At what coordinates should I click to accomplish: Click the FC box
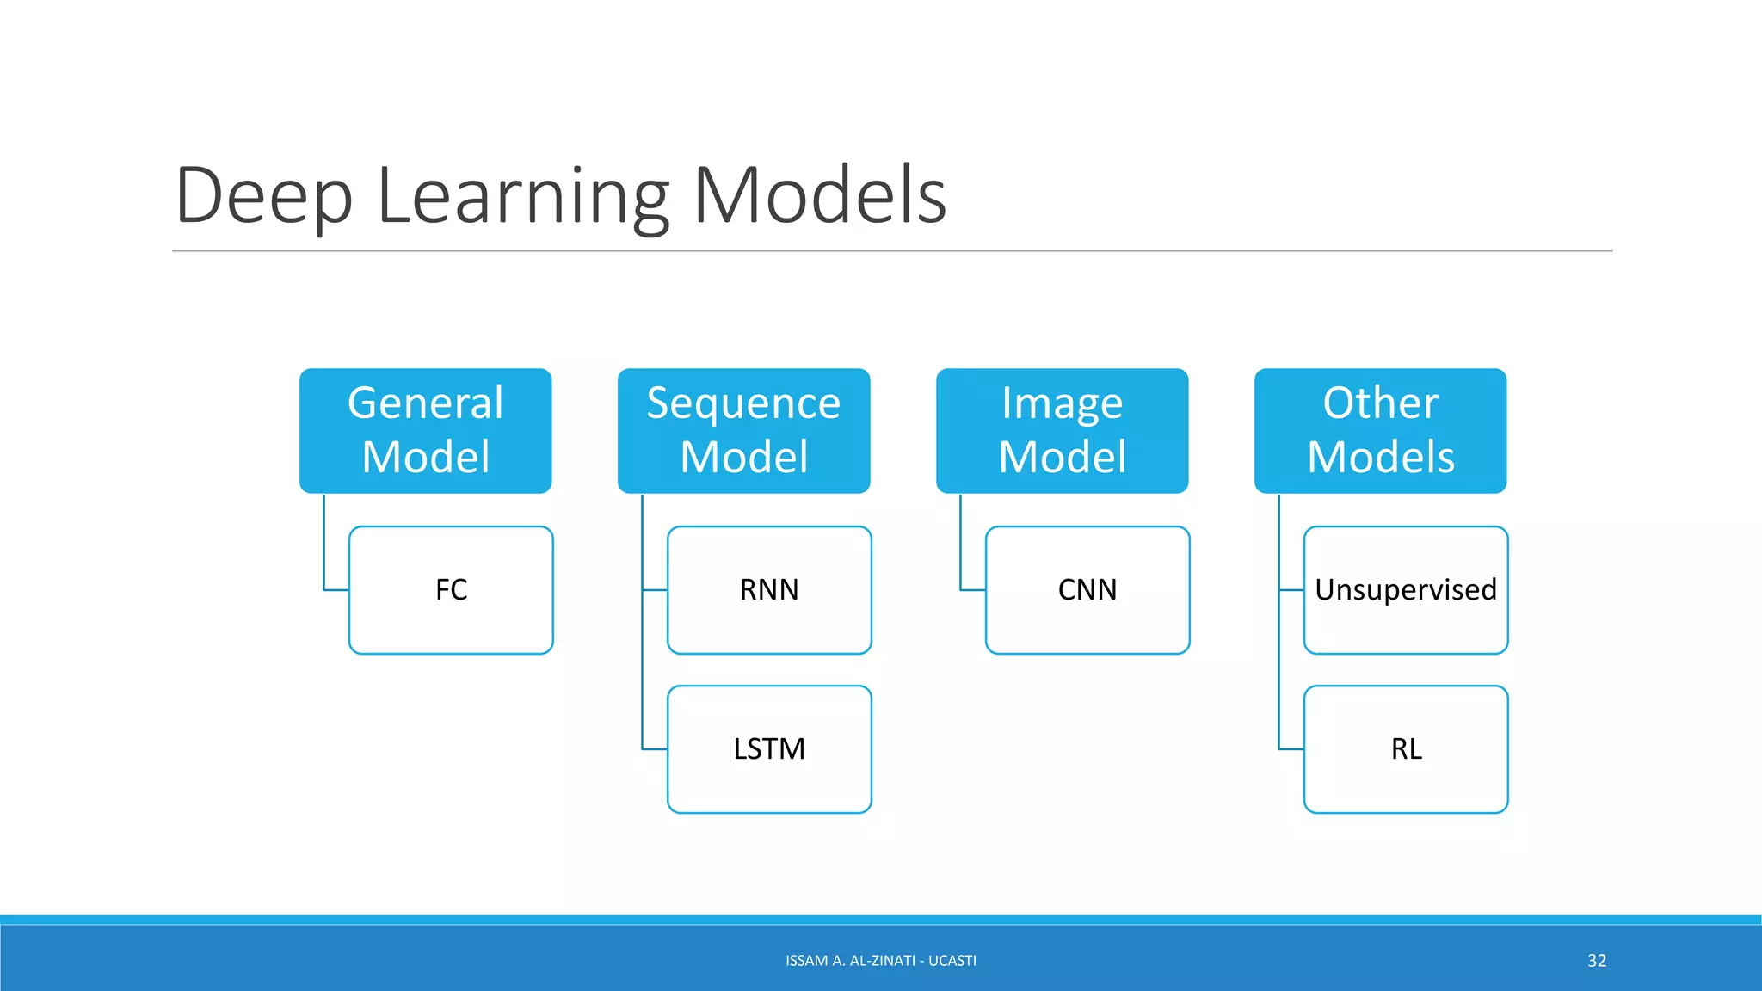coord(451,590)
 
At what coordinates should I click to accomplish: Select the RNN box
coord(769,590)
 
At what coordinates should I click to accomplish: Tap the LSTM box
coord(769,749)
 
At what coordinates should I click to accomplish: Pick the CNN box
coord(1087,590)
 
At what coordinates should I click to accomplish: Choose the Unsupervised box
coord(1406,590)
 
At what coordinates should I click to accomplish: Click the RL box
coord(1406,749)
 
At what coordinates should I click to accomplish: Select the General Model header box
coord(425,430)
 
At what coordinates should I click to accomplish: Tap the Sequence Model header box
coord(743,430)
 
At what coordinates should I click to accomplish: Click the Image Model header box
coord(1062,430)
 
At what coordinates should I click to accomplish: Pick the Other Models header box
coord(1380,430)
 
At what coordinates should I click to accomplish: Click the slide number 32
coord(1597,961)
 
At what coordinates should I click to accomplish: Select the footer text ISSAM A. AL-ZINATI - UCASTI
coord(881,961)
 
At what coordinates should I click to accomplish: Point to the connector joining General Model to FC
coord(324,551)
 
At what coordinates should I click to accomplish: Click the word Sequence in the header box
coord(743,403)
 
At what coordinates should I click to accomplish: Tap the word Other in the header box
coord(1380,403)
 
